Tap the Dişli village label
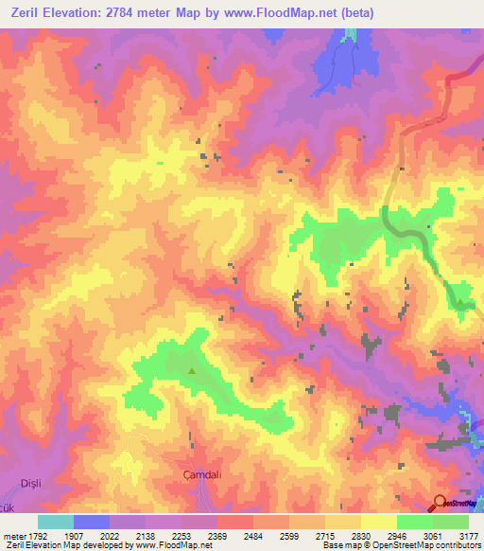point(32,483)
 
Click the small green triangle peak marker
point(193,371)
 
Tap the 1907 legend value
point(75,536)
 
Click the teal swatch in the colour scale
point(56,522)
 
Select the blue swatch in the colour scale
point(92,522)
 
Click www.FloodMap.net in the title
point(283,13)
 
